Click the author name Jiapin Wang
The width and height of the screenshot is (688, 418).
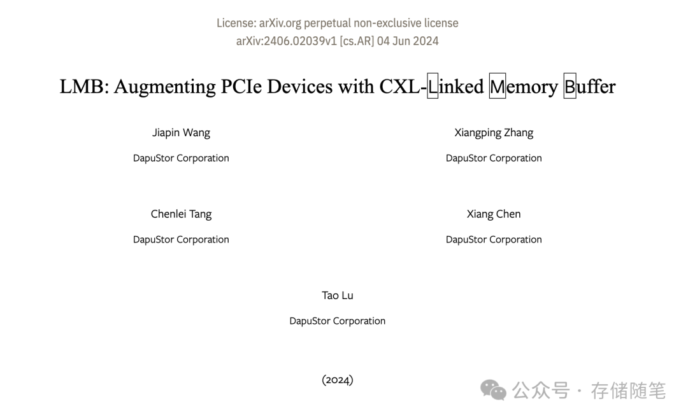[x=181, y=132]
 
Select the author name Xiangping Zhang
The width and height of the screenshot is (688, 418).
[x=494, y=132]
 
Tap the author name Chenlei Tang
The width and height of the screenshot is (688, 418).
[x=181, y=214]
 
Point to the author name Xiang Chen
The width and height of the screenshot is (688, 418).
[x=494, y=214]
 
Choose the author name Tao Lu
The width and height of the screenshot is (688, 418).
[x=337, y=295]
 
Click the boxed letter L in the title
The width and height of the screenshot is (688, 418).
[x=433, y=87]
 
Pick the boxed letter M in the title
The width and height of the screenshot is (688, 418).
[x=497, y=87]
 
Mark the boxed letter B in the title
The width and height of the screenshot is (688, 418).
[x=570, y=87]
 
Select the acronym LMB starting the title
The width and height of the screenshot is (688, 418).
[x=84, y=87]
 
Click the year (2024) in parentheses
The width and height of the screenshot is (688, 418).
[x=337, y=380]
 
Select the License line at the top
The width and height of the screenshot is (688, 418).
[x=337, y=23]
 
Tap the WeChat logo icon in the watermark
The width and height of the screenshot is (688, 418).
[x=493, y=390]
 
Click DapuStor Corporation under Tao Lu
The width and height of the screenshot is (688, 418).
[x=337, y=321]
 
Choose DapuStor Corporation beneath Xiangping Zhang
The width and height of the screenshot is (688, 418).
[x=494, y=158]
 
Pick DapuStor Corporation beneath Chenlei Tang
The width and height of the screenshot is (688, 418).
[x=181, y=239]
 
